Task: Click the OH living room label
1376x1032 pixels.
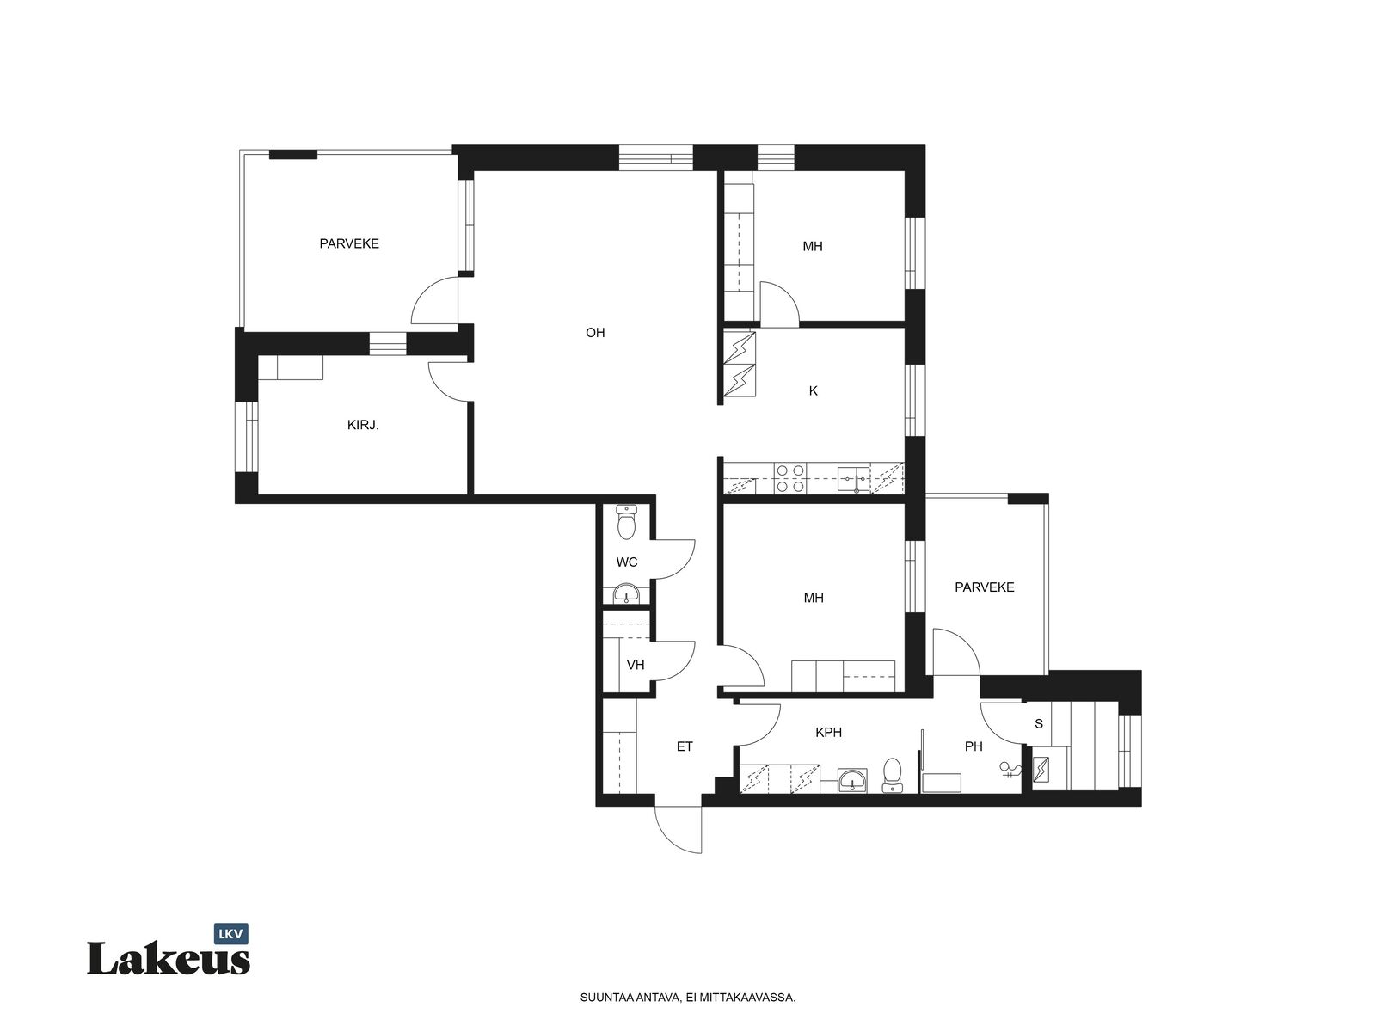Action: pos(595,333)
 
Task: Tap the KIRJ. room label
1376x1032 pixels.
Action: pos(363,425)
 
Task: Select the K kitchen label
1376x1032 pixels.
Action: pos(813,391)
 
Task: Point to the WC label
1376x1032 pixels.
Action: pos(627,562)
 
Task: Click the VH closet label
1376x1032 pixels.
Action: pos(636,665)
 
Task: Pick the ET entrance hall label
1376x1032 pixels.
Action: pos(685,746)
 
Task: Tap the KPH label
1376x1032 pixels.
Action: pos(828,732)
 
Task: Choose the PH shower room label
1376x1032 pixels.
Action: pos(974,746)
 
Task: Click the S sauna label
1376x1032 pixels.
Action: pos(1039,724)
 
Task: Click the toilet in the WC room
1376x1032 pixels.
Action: pos(626,522)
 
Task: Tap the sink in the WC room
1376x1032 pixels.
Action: pos(625,593)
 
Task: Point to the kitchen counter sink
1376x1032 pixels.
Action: pos(854,479)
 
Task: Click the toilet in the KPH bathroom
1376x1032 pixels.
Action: pos(892,775)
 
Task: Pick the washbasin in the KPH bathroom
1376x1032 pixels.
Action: pos(852,780)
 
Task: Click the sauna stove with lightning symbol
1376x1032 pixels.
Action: pos(1041,769)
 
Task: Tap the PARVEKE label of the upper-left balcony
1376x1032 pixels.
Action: pos(349,243)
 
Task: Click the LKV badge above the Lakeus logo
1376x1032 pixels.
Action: pos(231,934)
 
